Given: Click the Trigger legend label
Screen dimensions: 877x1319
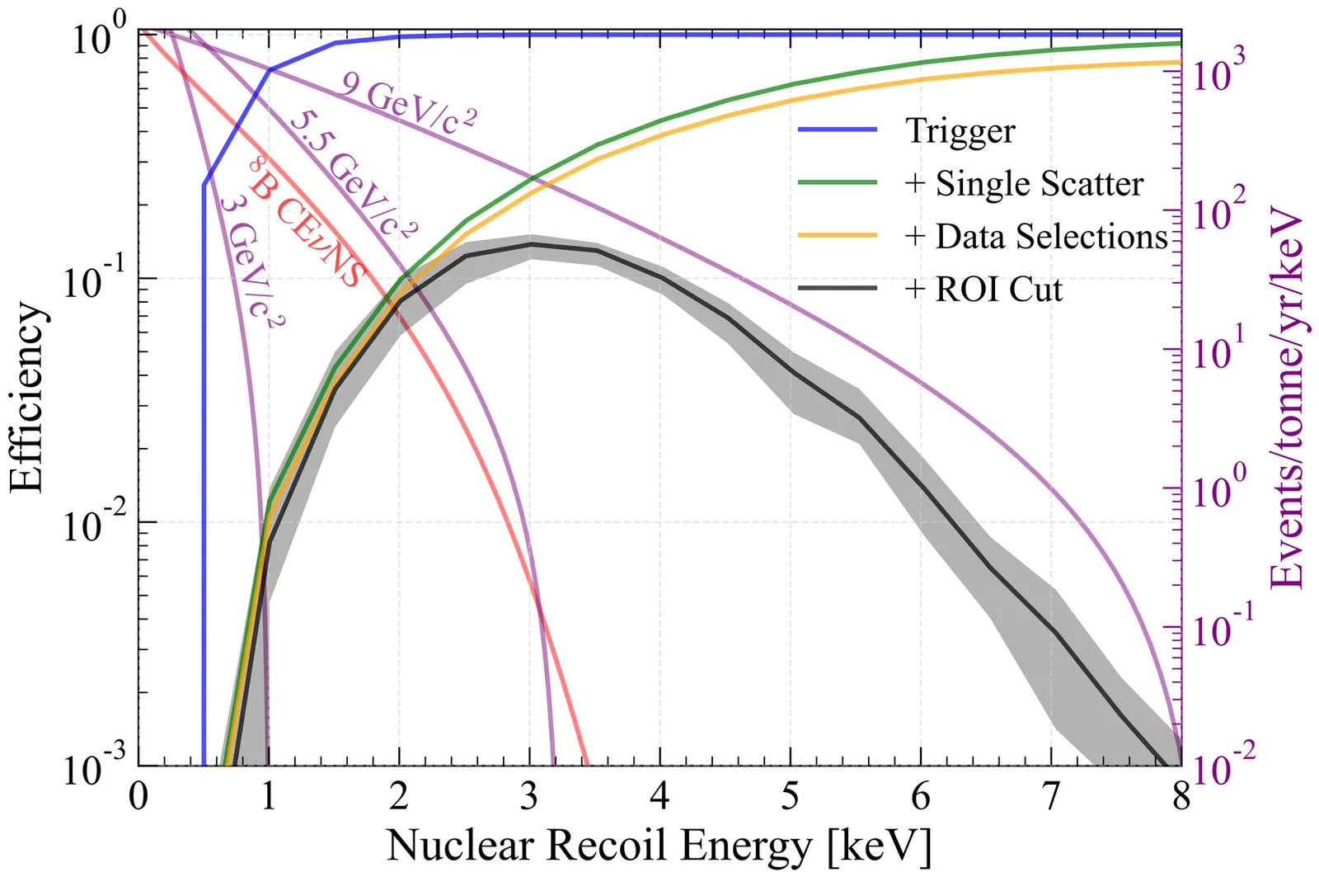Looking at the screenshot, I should click(x=960, y=131).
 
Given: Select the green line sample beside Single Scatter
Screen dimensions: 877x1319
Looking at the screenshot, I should click(x=838, y=183).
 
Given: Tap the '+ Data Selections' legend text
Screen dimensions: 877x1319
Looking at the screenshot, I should click(x=1036, y=237).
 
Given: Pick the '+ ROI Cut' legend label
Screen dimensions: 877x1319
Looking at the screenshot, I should click(x=983, y=290).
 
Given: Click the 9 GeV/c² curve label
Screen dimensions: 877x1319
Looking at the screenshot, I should click(x=409, y=103).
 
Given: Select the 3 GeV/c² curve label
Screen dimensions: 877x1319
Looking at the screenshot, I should click(x=252, y=261).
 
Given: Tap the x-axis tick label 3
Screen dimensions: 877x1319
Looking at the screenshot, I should click(x=530, y=797).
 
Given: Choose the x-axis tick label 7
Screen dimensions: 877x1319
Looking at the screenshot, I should click(x=1051, y=797).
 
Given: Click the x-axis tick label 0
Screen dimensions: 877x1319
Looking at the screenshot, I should click(x=138, y=797).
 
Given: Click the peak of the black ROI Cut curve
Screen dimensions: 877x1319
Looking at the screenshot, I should click(x=532, y=244).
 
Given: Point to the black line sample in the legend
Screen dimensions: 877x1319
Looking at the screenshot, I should click(x=838, y=289).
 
